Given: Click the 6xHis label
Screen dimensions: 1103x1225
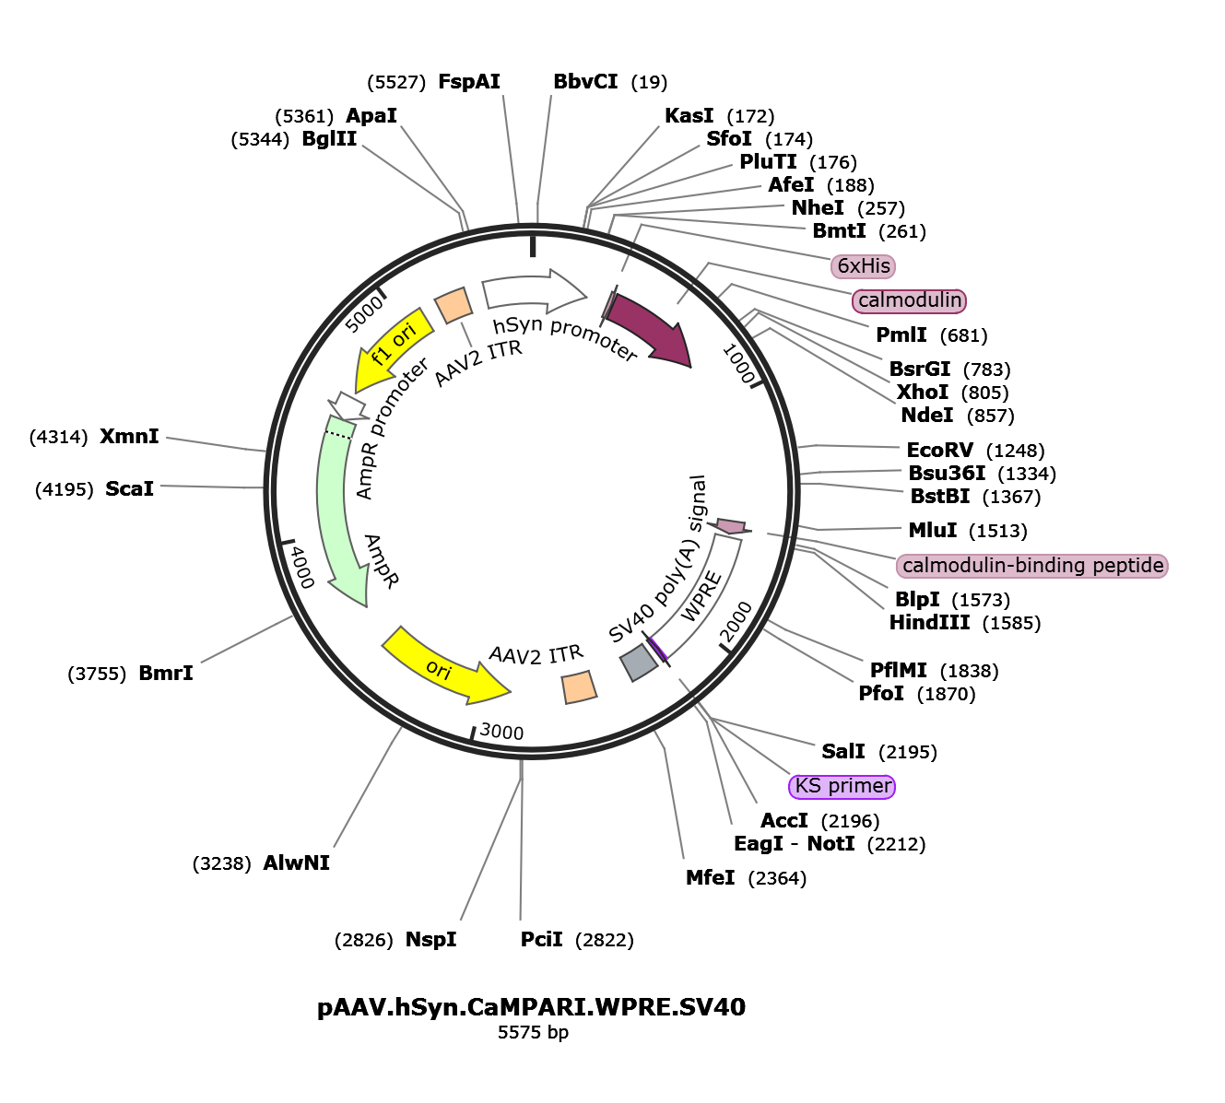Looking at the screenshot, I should click(x=864, y=267).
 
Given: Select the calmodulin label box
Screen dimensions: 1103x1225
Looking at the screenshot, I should click(x=910, y=301).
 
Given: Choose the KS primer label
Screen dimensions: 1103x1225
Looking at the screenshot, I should click(x=842, y=787).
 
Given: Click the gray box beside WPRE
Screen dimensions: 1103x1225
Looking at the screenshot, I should click(x=638, y=662).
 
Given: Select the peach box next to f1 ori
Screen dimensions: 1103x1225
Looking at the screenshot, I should click(x=453, y=304).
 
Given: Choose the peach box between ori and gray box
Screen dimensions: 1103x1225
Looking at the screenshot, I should click(x=579, y=687).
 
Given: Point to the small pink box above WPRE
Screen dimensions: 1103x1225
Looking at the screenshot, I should click(x=731, y=526).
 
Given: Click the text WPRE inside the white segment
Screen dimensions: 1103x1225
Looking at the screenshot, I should click(x=701, y=597).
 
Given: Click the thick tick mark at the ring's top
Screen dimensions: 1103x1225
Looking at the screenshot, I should click(x=533, y=245).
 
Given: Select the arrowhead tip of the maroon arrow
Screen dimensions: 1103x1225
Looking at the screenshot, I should click(x=687, y=361).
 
